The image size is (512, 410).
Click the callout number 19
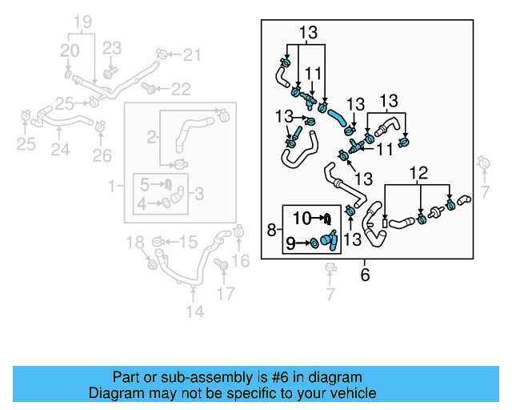tap(83, 22)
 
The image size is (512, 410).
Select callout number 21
tap(192, 55)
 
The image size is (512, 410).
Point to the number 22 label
tap(181, 89)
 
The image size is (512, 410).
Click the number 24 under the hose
tap(60, 150)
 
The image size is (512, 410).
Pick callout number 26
tap(102, 155)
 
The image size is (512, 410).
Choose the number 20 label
tap(70, 51)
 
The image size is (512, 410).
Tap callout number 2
tap(150, 138)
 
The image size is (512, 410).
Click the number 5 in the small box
tap(144, 183)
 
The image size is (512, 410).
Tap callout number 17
tap(227, 292)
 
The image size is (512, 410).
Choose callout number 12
tap(419, 172)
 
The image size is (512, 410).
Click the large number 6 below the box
tap(365, 275)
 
